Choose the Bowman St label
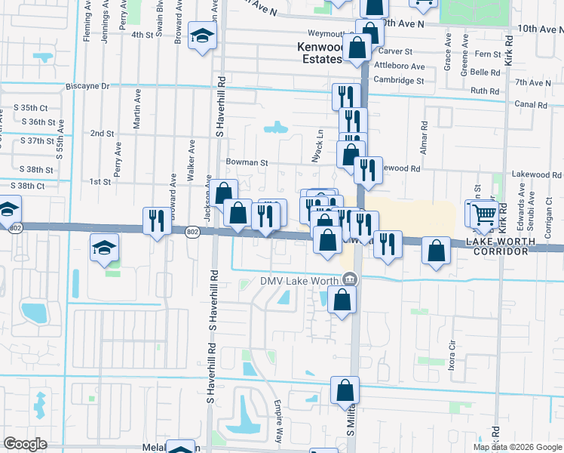pyautogui.click(x=247, y=162)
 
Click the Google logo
pyautogui.click(x=25, y=444)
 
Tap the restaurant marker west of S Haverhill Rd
pyautogui.click(x=157, y=220)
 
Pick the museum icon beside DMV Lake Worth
pyautogui.click(x=348, y=279)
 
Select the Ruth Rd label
pyautogui.click(x=485, y=91)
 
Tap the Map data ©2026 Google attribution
pyautogui.click(x=517, y=447)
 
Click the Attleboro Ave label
pyautogui.click(x=402, y=66)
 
